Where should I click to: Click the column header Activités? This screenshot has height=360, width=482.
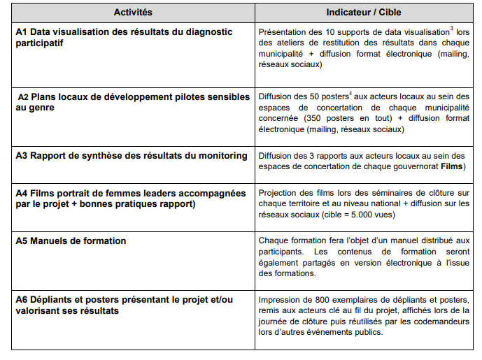(x=132, y=13)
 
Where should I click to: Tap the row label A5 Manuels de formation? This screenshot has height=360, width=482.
(x=71, y=241)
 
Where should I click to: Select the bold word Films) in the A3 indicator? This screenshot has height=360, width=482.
(x=453, y=167)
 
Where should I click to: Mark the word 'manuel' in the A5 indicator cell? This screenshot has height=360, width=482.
(x=409, y=241)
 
